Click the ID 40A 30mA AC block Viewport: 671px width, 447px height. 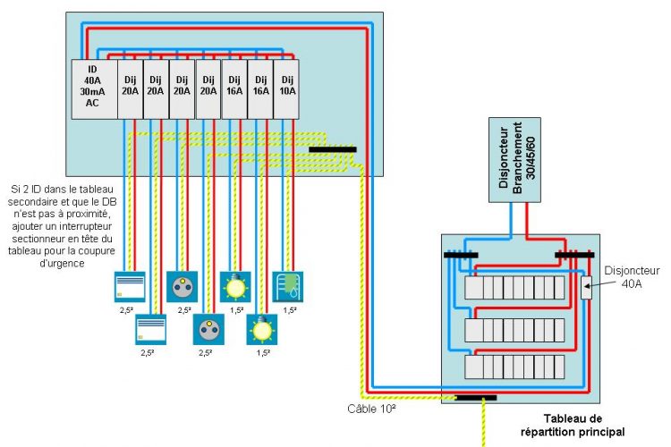pyautogui.click(x=94, y=89)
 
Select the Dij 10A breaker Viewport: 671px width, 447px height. pyautogui.click(x=285, y=89)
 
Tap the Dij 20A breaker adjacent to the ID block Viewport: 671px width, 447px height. pyautogui.click(x=131, y=89)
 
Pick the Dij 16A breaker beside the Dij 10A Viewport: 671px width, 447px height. pyautogui.click(x=259, y=89)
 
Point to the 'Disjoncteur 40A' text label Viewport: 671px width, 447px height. pyautogui.click(x=633, y=276)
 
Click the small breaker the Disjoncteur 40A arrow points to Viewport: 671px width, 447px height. pyautogui.click(x=586, y=288)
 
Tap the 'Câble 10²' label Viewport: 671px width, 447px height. pyautogui.click(x=372, y=409)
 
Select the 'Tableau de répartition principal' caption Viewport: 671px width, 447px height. pyautogui.click(x=573, y=424)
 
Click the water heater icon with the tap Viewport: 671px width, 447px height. pyautogui.click(x=288, y=286)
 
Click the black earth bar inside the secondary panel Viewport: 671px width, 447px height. pyautogui.click(x=332, y=149)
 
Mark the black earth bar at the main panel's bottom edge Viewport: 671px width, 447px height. pyautogui.click(x=475, y=397)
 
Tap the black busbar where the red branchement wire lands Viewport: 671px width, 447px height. pyautogui.click(x=574, y=255)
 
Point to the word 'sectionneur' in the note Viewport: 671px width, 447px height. pyautogui.click(x=88, y=227)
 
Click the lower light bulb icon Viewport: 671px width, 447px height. pyautogui.click(x=261, y=330)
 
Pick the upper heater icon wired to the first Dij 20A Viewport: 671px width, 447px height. pyautogui.click(x=130, y=286)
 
